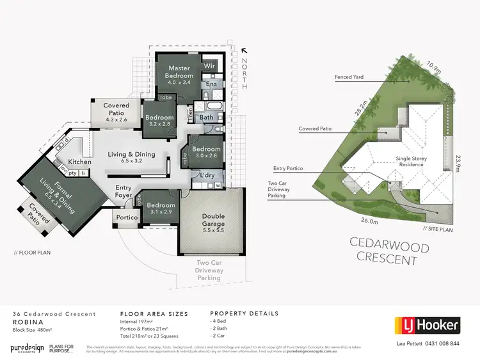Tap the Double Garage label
point(213,220)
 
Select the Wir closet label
point(209,66)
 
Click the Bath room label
point(206,118)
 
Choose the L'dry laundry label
point(207,175)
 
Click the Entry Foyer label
point(124,192)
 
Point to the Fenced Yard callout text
point(349,77)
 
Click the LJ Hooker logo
point(427,325)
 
